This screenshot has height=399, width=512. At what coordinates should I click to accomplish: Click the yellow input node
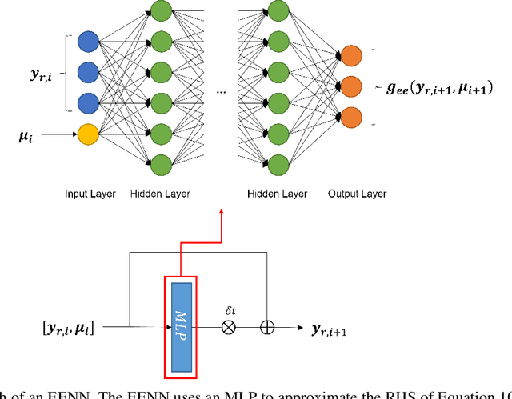[x=88, y=134]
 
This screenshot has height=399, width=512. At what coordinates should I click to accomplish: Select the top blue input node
[x=88, y=42]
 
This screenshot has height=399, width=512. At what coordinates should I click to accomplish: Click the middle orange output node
[x=350, y=85]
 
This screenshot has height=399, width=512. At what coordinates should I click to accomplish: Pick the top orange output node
[x=350, y=54]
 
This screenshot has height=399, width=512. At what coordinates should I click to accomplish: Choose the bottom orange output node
[x=350, y=114]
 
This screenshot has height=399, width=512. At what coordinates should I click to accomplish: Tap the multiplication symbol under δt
[x=229, y=328]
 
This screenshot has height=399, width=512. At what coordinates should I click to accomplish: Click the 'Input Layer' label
[x=90, y=194]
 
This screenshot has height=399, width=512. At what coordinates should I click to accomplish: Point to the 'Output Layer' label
[x=357, y=194]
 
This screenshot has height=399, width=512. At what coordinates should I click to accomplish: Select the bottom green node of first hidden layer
[x=161, y=164]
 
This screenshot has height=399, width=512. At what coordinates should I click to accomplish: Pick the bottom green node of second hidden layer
[x=278, y=164]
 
